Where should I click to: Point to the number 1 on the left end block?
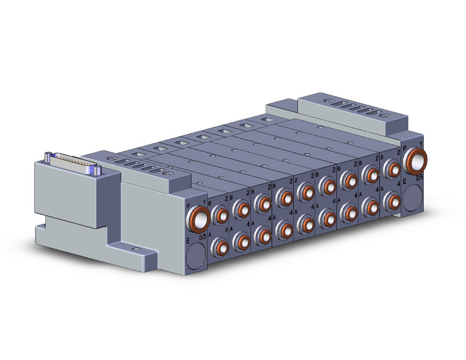tap(204, 199)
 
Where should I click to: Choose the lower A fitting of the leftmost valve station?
tap(220, 246)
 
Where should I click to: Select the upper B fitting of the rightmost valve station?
tap(390, 167)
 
